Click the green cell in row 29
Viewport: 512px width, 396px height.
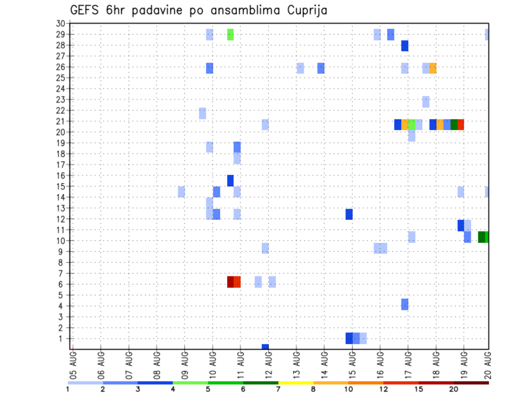(x=230, y=35)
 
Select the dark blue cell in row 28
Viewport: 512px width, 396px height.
(x=405, y=46)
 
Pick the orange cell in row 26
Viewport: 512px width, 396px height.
(x=433, y=68)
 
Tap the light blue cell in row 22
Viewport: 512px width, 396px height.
(x=203, y=113)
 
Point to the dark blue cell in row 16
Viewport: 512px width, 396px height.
(x=230, y=180)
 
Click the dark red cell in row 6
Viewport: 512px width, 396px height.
(x=230, y=282)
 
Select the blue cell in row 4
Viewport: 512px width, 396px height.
(x=405, y=304)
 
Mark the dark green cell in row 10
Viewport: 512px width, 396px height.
(x=482, y=237)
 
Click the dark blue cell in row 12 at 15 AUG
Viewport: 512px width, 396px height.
(x=349, y=214)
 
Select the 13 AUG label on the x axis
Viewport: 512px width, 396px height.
(x=297, y=365)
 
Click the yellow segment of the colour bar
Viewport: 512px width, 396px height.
(x=295, y=383)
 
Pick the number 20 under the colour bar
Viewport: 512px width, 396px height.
(x=454, y=390)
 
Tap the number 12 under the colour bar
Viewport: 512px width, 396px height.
(x=383, y=390)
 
